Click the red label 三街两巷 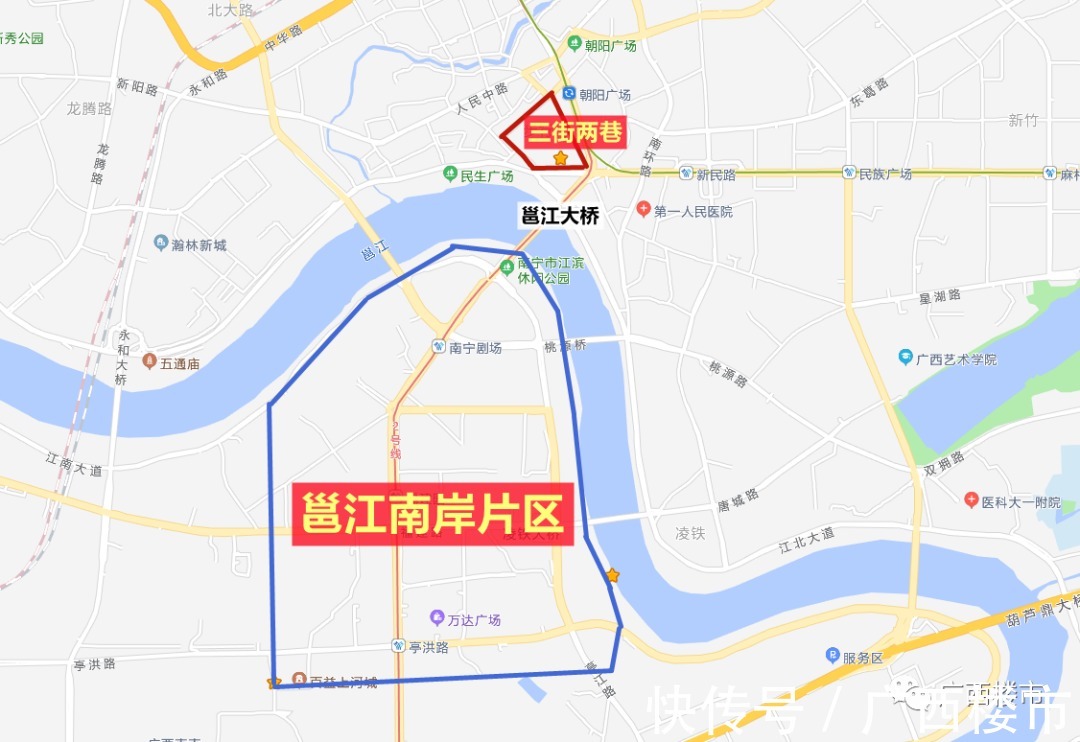point(575,133)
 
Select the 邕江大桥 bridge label point(560,215)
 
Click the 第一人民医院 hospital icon point(644,211)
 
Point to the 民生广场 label point(486,176)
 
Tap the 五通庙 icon point(148,362)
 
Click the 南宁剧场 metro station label point(475,348)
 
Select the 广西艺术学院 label point(958,359)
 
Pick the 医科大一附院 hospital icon point(970,500)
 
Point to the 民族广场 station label point(885,174)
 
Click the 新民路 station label point(716,174)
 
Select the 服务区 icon point(832,656)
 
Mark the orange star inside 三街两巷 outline point(560,158)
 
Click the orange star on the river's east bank point(612,575)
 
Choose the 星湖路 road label point(940,296)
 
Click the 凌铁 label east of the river point(690,534)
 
